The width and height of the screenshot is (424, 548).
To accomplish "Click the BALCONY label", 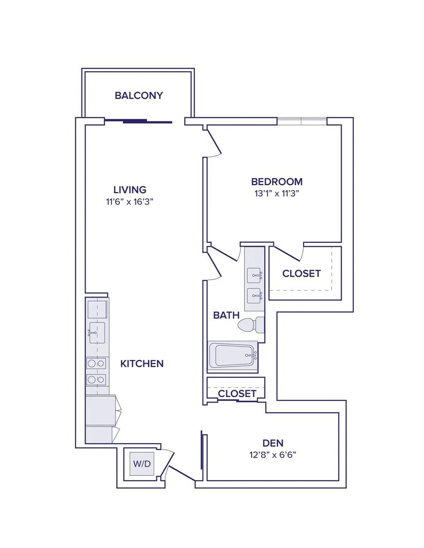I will (139, 96).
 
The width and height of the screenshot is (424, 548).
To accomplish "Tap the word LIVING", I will (130, 189).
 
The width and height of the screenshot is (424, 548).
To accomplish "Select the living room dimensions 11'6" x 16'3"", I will (130, 202).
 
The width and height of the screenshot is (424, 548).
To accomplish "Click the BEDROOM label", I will (277, 181).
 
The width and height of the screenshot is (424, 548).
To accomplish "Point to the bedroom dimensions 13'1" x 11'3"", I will (277, 194).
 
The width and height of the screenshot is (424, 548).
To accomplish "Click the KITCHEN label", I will (141, 364).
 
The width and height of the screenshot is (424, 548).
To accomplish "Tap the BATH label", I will (226, 315).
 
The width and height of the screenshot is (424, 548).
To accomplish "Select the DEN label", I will (273, 443).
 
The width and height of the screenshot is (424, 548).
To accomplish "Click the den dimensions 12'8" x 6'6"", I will (273, 455).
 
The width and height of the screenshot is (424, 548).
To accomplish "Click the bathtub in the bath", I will (232, 355).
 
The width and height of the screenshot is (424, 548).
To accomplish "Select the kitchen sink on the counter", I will (96, 333).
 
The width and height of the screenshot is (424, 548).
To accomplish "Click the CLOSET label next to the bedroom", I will (301, 273).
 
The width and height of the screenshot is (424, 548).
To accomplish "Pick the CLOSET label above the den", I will (237, 393).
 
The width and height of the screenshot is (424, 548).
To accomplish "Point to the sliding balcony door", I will (138, 121).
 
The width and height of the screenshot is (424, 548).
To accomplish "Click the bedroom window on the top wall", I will (301, 120).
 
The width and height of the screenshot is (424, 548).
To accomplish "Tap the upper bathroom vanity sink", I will (254, 276).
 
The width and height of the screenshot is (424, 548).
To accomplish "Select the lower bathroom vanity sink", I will (254, 294).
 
